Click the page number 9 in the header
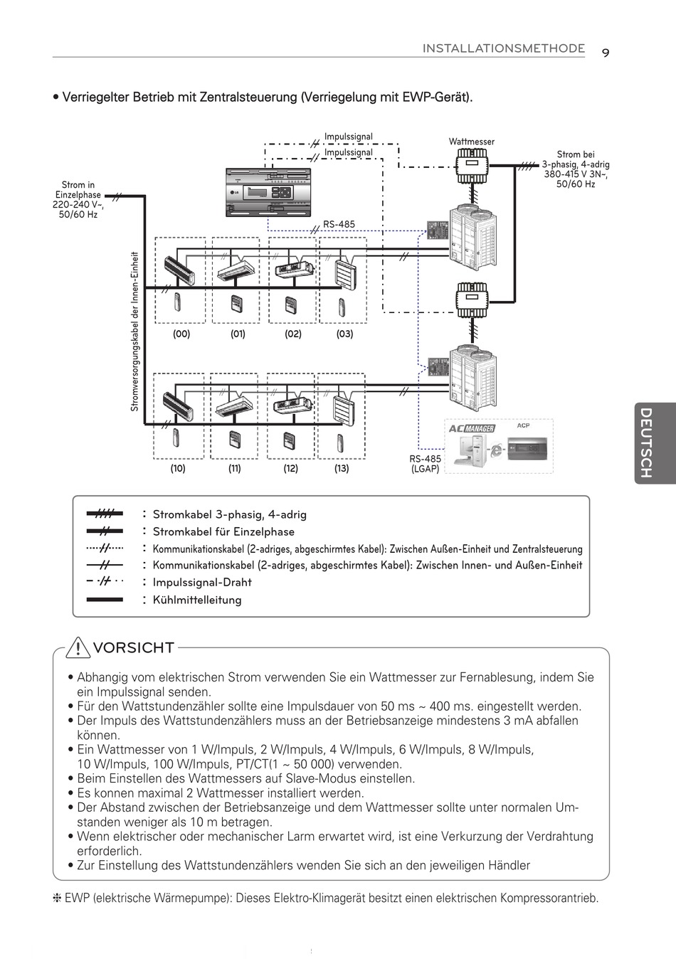(x=606, y=53)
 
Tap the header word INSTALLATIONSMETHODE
(x=504, y=48)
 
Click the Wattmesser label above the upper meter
(x=471, y=142)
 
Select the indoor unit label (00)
(x=181, y=334)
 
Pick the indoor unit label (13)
(x=342, y=468)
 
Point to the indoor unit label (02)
(x=293, y=334)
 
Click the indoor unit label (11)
(x=235, y=468)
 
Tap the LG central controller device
(x=268, y=192)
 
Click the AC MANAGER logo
(x=472, y=428)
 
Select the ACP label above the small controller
(x=523, y=425)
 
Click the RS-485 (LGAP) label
(x=425, y=464)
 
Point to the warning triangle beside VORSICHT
(x=78, y=648)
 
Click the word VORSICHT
(x=134, y=648)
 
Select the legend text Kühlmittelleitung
(x=197, y=600)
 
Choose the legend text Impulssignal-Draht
(x=202, y=582)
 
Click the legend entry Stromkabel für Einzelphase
(x=223, y=531)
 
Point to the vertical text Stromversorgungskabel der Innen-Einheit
(x=134, y=332)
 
